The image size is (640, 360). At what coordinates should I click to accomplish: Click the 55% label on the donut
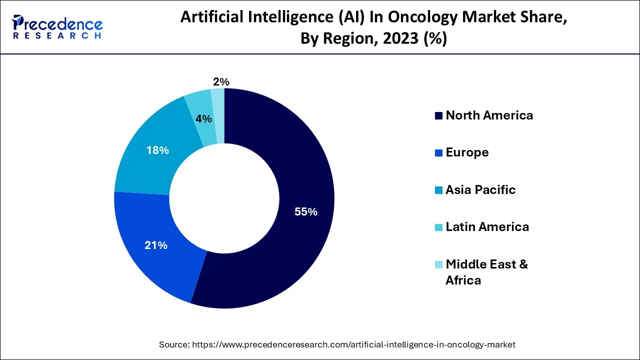(306, 212)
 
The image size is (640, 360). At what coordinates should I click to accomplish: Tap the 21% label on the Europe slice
(155, 245)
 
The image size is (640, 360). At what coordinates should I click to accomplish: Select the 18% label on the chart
(157, 150)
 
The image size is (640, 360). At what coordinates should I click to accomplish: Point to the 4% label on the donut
(203, 119)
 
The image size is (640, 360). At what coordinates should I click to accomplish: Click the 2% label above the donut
(220, 81)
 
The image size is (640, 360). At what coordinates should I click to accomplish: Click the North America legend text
(489, 115)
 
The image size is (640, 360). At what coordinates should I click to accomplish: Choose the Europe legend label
(467, 152)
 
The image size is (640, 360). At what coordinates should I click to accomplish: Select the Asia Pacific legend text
(480, 190)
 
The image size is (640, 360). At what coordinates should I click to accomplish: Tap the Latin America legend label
(487, 227)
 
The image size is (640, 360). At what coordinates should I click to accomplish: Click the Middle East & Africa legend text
(486, 272)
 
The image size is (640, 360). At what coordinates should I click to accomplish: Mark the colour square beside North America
(438, 116)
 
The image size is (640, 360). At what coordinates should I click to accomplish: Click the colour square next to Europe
(438, 153)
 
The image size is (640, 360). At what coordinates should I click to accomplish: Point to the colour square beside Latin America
(438, 227)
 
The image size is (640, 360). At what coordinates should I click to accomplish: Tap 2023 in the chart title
(398, 38)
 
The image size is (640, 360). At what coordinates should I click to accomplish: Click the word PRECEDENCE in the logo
(57, 24)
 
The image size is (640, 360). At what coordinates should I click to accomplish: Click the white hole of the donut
(224, 198)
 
